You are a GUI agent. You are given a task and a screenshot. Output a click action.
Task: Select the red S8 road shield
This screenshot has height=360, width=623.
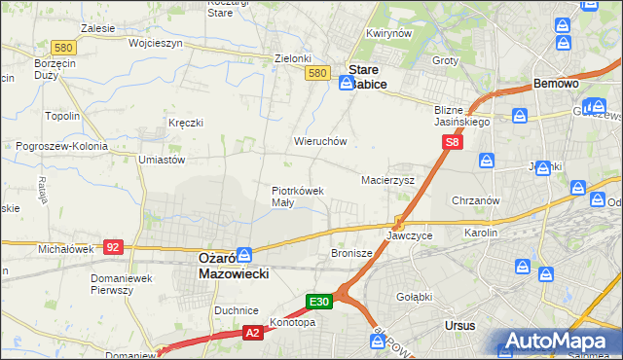452,142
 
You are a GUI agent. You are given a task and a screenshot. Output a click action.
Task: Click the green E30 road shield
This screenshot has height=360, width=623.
321,303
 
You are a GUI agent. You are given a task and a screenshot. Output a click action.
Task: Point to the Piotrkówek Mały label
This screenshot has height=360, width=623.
297,197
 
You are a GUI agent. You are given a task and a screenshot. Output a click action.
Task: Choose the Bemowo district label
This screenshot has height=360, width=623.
557,85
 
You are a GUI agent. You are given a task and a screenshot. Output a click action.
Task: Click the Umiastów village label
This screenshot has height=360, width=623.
162,159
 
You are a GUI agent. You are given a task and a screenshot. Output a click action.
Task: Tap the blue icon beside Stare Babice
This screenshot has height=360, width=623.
346,84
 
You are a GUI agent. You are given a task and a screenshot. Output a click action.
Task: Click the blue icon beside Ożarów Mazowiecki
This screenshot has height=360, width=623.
244,254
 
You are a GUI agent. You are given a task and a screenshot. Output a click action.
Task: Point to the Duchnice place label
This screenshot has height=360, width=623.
237,310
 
